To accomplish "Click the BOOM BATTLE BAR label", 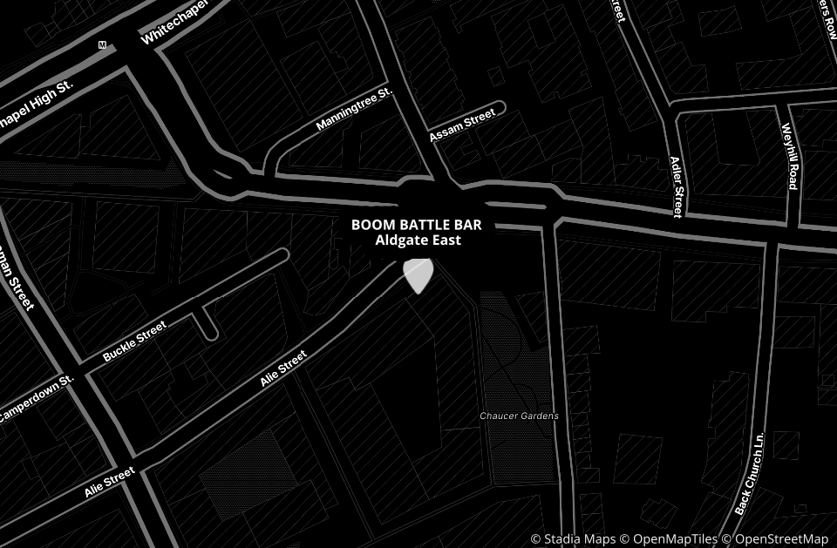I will (416, 225).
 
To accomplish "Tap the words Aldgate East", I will (418, 240).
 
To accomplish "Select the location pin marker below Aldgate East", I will (418, 274).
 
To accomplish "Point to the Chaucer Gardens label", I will (519, 416).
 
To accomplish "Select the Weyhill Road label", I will (790, 156).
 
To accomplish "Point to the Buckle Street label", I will (133, 342).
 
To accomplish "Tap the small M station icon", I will (102, 44).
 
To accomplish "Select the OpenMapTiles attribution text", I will (670, 539).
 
